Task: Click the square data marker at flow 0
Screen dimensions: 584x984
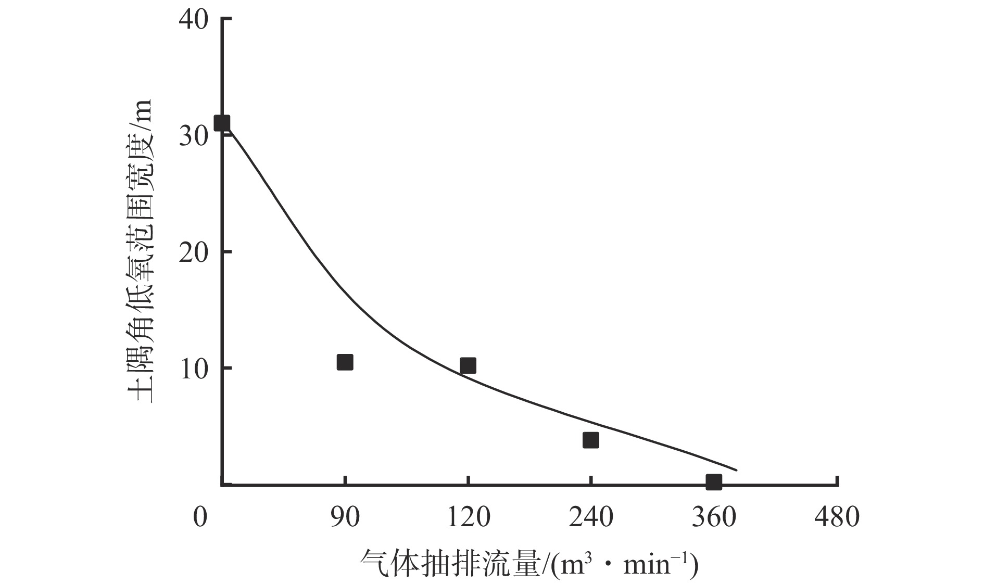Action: pos(222,123)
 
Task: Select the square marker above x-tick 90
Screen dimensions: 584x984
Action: pos(345,362)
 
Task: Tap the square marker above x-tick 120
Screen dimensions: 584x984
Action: pos(468,365)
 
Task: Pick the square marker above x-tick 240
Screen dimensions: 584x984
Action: pos(590,440)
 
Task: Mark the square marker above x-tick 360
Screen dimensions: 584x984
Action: pos(714,482)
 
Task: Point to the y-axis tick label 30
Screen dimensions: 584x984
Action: pos(193,136)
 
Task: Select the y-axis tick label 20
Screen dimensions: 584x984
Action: pos(193,252)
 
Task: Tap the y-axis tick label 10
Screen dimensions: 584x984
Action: pos(193,369)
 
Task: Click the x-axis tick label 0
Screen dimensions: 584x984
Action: pos(200,517)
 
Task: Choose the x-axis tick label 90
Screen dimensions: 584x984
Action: pos(345,517)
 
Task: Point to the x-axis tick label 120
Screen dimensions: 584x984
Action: pos(468,517)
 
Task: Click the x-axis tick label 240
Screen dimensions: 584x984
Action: pos(590,517)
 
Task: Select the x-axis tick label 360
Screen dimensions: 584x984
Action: pos(714,517)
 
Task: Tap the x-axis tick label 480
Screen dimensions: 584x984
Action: pos(837,517)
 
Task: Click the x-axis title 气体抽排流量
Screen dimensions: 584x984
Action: pos(450,563)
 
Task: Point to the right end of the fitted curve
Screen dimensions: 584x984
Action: pos(736,470)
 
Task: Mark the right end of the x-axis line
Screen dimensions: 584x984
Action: pos(837,486)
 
